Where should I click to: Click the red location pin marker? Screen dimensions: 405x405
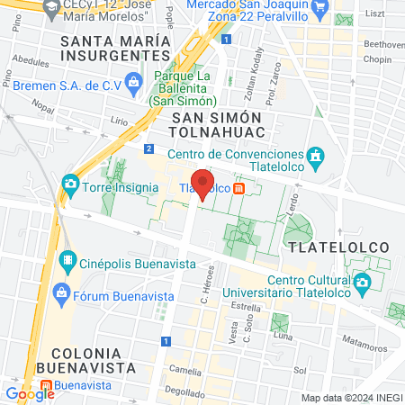pos(203,184)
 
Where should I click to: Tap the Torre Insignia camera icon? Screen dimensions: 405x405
pos(70,184)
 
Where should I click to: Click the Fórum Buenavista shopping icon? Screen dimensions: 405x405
pos(61,292)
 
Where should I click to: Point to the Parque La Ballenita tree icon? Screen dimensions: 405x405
pos(132,81)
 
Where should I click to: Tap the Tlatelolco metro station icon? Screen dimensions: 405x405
pos(238,188)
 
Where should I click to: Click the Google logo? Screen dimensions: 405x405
pos(29,393)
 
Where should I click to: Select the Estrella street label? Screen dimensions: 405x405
pos(246,306)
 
